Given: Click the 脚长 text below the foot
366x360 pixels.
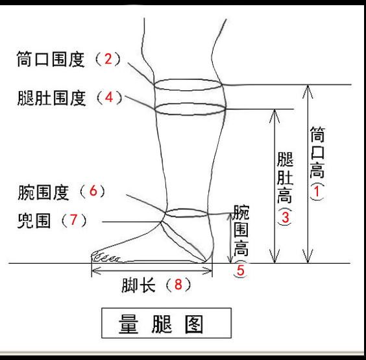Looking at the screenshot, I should click(x=137, y=285).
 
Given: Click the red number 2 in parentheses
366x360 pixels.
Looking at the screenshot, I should click(x=108, y=60).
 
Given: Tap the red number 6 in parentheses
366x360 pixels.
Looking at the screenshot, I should click(x=92, y=192).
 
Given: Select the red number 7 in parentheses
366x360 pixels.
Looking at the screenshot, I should click(x=74, y=220).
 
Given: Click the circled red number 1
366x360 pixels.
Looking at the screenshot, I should click(x=317, y=193).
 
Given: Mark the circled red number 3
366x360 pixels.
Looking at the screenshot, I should click(x=284, y=218).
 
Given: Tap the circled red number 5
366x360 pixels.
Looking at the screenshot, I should click(x=240, y=272).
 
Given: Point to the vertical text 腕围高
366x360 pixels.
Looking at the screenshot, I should click(x=241, y=234).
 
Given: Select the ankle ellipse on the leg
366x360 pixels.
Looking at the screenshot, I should click(x=186, y=212).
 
